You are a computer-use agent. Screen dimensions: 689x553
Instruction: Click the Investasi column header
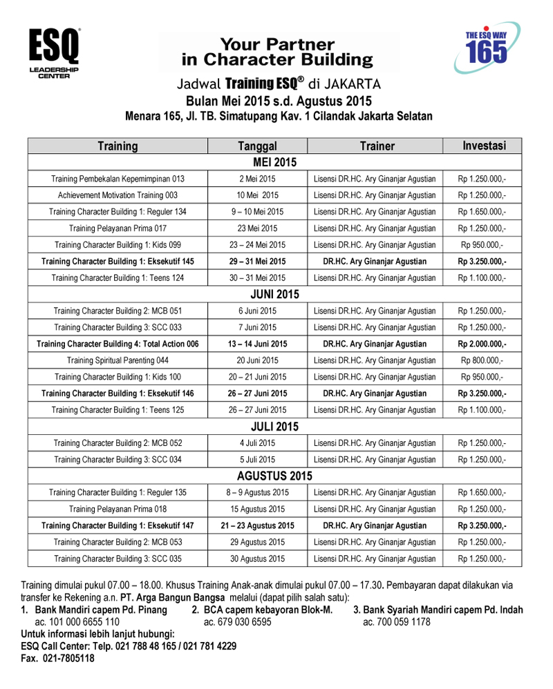(484, 146)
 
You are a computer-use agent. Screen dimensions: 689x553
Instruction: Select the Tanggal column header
(257, 146)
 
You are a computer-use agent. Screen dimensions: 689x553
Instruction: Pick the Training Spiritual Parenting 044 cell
(118, 360)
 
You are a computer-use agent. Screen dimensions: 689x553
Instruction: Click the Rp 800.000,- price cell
(482, 360)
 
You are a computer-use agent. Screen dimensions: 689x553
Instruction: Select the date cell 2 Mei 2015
(257, 179)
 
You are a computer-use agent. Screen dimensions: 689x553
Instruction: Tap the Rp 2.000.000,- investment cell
(482, 344)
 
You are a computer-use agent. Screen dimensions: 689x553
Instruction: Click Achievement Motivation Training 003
(118, 195)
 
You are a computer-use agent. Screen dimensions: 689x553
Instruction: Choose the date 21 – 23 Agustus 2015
(257, 525)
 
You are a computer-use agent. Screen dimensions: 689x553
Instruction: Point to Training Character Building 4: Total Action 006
(118, 344)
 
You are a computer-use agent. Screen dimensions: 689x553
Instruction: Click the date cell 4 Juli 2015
(257, 443)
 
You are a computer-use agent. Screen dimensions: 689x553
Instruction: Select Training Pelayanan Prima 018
(118, 509)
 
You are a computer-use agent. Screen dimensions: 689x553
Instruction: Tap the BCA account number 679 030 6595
(237, 622)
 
